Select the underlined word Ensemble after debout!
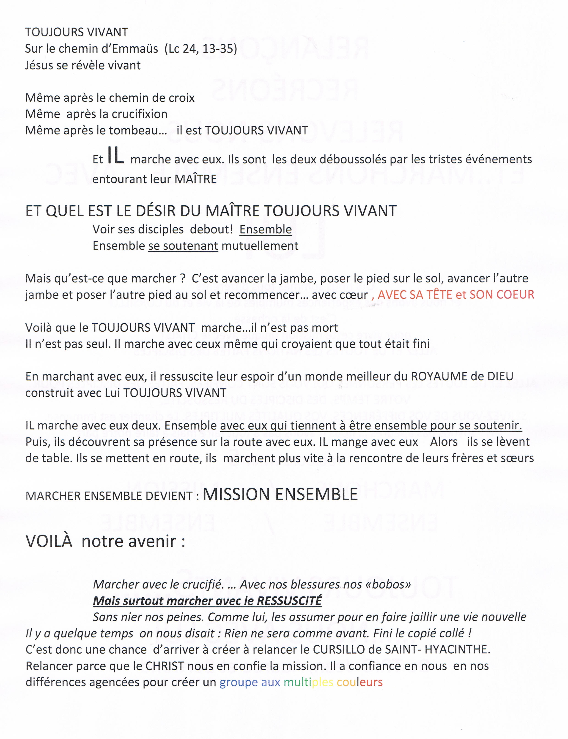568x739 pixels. [x=265, y=229]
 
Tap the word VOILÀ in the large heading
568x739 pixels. [x=49, y=541]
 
